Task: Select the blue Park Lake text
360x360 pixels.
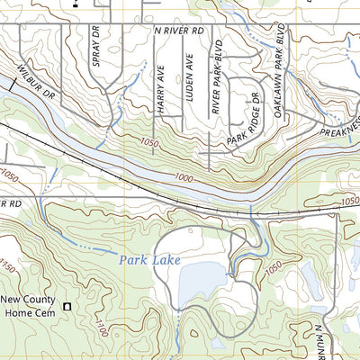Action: tap(150, 260)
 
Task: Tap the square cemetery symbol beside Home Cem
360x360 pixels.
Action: tap(67, 308)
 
